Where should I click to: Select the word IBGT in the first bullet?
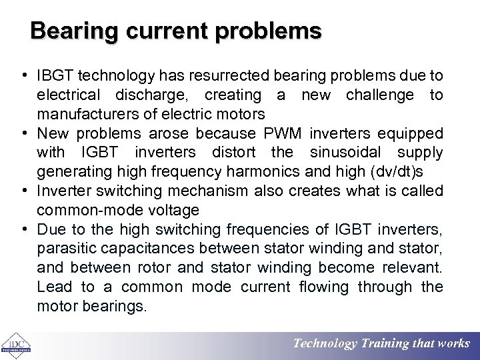click(55, 76)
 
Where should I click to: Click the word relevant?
click(413, 268)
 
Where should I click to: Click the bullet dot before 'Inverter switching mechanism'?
click(23, 191)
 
